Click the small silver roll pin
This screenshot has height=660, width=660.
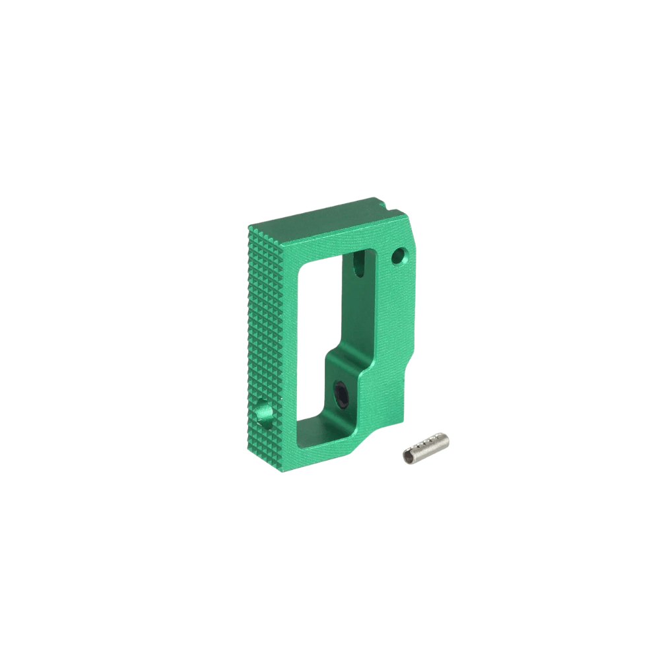point(426,447)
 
